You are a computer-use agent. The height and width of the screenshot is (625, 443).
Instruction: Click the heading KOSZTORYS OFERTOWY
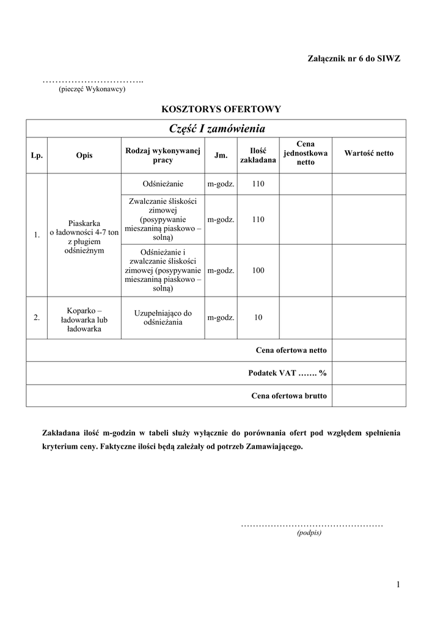click(x=221, y=109)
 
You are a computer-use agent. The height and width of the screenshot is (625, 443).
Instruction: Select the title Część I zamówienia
click(x=216, y=128)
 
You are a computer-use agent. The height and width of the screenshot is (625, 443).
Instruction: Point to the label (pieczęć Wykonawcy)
click(x=92, y=89)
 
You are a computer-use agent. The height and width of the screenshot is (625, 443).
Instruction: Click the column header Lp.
click(x=37, y=155)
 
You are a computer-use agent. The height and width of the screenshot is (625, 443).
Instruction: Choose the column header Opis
click(x=84, y=155)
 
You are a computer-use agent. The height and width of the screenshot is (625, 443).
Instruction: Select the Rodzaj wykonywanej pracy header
click(x=163, y=155)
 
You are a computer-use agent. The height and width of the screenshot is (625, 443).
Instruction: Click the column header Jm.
click(x=221, y=155)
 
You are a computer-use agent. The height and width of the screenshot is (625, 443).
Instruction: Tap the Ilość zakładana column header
click(x=258, y=155)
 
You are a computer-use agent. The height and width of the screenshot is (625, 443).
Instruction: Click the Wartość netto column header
click(x=369, y=153)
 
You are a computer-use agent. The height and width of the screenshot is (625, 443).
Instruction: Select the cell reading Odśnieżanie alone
click(x=163, y=184)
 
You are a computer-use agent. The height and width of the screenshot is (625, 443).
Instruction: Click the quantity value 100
click(x=258, y=270)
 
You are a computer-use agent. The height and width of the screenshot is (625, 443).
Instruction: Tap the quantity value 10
click(x=258, y=317)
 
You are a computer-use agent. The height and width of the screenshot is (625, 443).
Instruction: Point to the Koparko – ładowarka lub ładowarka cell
click(x=84, y=318)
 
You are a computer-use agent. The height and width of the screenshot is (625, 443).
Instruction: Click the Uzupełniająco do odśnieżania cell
click(x=163, y=317)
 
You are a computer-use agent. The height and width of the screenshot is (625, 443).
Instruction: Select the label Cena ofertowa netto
click(x=291, y=350)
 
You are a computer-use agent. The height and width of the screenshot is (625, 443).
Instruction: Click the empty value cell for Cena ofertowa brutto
click(x=369, y=396)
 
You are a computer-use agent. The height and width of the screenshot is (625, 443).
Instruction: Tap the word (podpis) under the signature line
click(x=309, y=532)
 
